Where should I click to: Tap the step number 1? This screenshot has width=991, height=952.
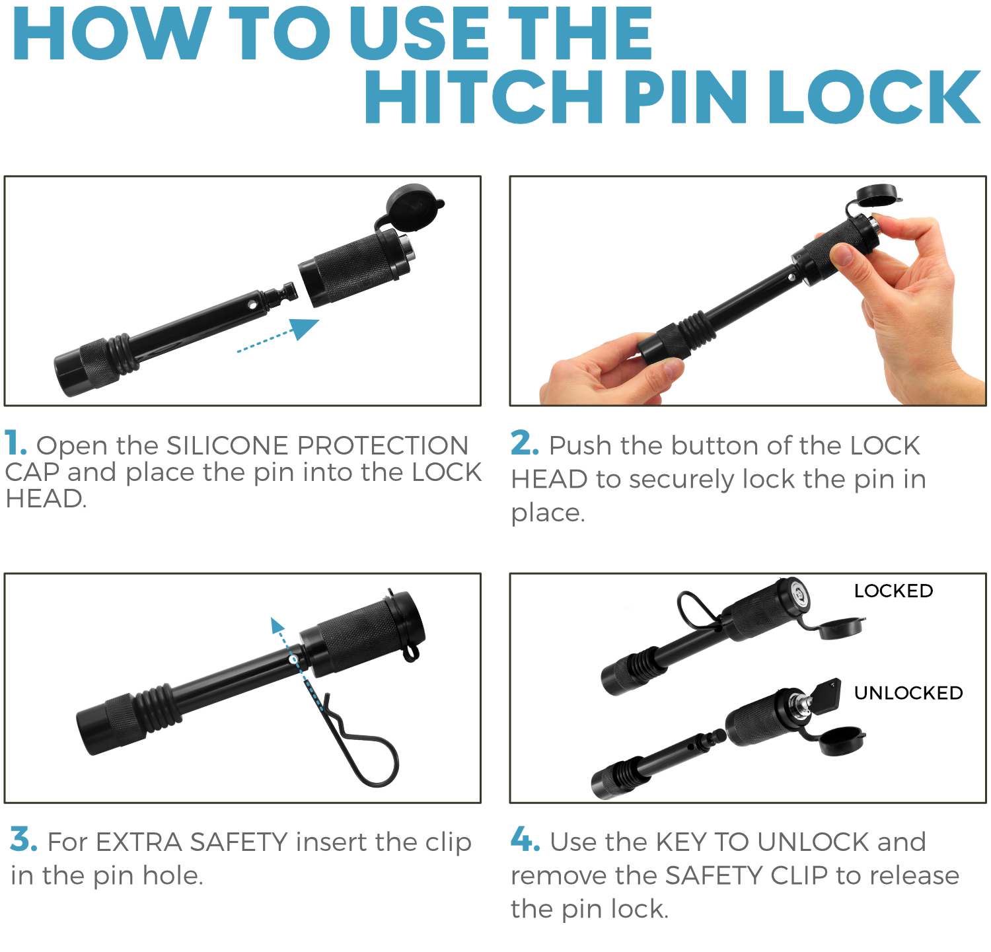tap(15, 443)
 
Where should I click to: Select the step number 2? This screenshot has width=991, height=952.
tap(525, 443)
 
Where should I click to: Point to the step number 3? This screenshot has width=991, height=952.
tap(24, 840)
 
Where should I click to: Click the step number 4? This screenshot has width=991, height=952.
tap(526, 840)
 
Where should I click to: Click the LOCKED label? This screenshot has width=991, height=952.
tap(893, 591)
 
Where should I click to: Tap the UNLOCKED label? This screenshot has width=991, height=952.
tap(908, 693)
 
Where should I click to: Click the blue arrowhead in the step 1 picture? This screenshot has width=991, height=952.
tap(304, 328)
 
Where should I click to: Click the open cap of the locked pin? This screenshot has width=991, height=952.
tap(841, 628)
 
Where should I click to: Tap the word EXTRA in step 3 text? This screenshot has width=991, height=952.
tap(139, 842)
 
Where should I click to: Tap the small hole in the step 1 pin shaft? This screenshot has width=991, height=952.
tap(252, 305)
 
